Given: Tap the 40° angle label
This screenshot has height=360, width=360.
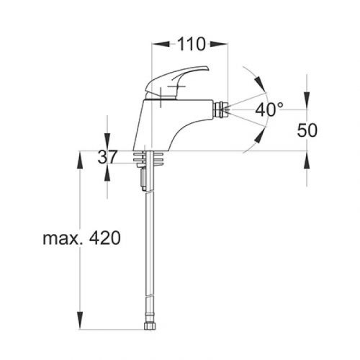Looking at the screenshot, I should (270, 109).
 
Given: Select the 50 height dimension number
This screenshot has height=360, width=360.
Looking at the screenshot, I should (308, 130).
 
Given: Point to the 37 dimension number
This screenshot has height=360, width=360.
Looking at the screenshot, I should (108, 157).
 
